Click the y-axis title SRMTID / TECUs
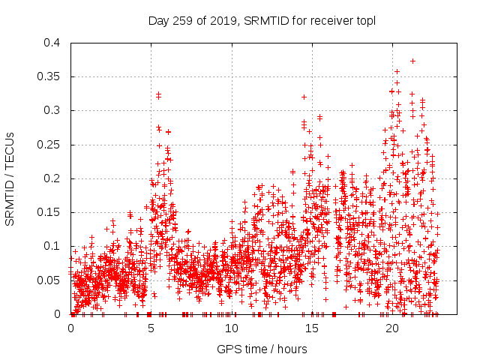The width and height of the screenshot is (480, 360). tap(10, 178)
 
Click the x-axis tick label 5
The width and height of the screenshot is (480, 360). tap(151, 328)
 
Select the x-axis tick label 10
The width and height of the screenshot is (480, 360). tap(231, 328)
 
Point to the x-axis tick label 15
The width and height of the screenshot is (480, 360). tap(311, 328)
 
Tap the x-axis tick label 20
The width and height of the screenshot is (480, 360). tap(391, 328)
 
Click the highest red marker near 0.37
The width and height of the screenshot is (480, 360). tap(412, 61)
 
